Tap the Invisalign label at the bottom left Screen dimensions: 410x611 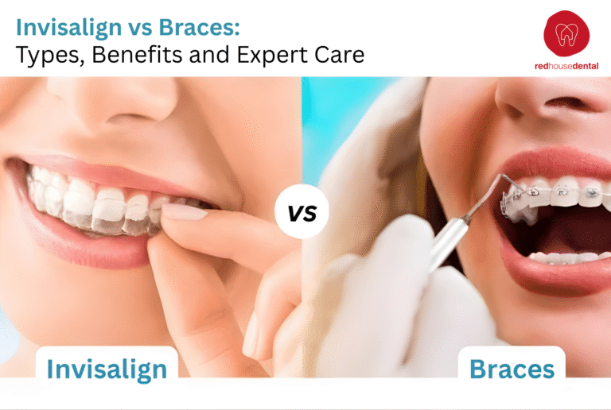point(106,369)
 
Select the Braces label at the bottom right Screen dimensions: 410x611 point(512,369)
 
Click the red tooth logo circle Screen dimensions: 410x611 point(566,33)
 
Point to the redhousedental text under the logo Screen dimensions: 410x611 point(566,67)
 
